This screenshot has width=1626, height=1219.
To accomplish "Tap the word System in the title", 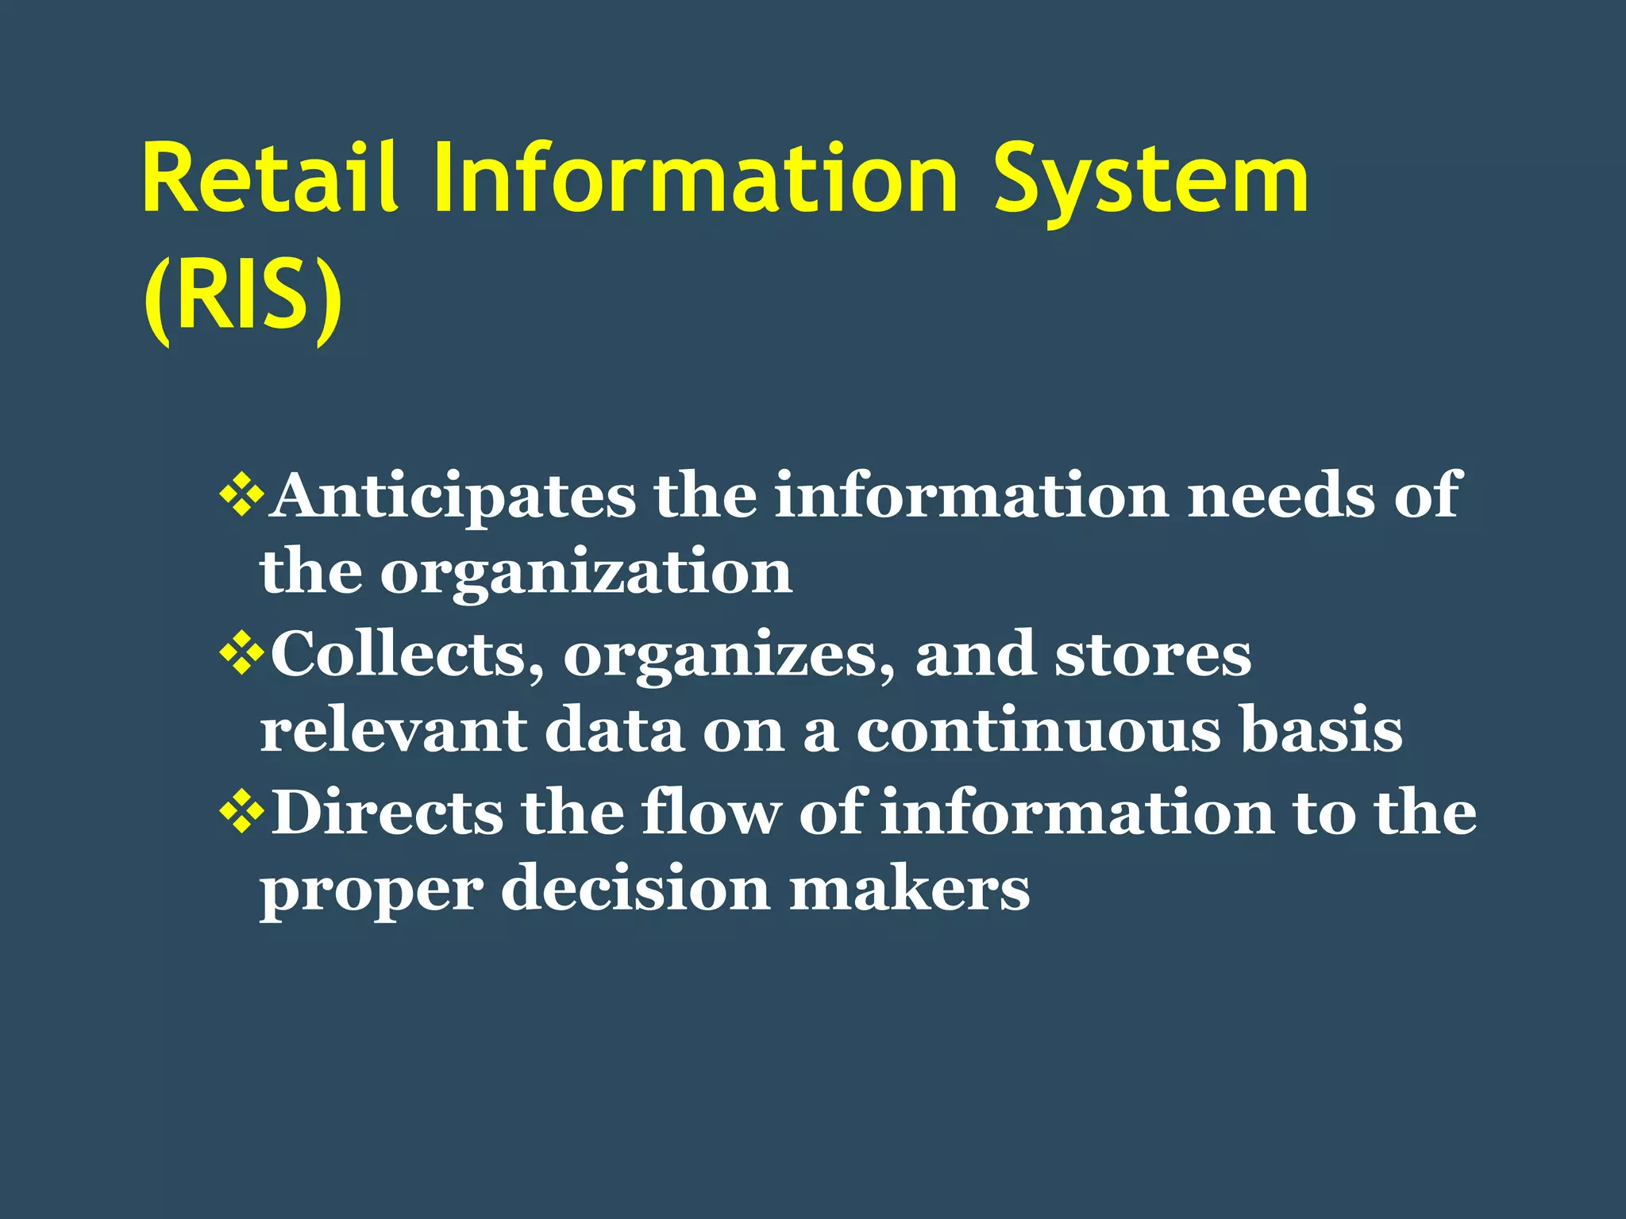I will (x=1150, y=181).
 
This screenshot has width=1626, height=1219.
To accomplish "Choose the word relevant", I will (x=393, y=730).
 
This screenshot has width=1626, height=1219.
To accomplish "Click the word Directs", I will (x=387, y=813).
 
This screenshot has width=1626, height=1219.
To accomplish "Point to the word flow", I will (x=711, y=811).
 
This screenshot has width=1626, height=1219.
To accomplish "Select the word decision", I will (x=635, y=889).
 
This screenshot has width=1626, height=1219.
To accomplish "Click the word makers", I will (x=909, y=889).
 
